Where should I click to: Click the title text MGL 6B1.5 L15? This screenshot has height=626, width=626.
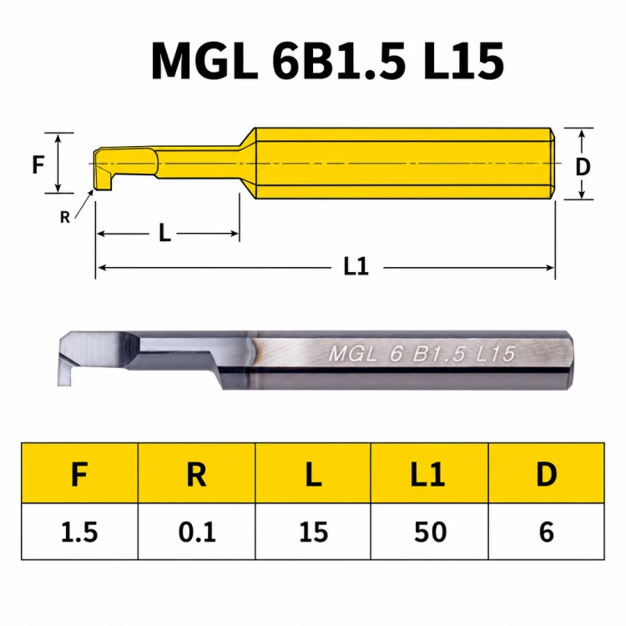click(x=327, y=61)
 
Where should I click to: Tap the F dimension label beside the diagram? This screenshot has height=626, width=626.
click(x=38, y=164)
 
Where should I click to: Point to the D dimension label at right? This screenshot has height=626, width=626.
click(x=583, y=167)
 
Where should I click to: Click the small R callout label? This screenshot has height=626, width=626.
click(x=64, y=217)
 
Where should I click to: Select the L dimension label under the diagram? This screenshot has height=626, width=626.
click(x=164, y=233)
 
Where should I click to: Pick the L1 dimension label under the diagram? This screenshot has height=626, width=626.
click(x=356, y=267)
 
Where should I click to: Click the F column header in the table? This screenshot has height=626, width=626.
click(x=79, y=473)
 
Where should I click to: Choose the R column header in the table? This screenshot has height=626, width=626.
click(x=196, y=473)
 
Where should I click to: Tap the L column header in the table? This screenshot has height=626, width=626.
click(x=313, y=473)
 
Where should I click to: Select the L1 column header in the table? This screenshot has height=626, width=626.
click(x=430, y=473)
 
